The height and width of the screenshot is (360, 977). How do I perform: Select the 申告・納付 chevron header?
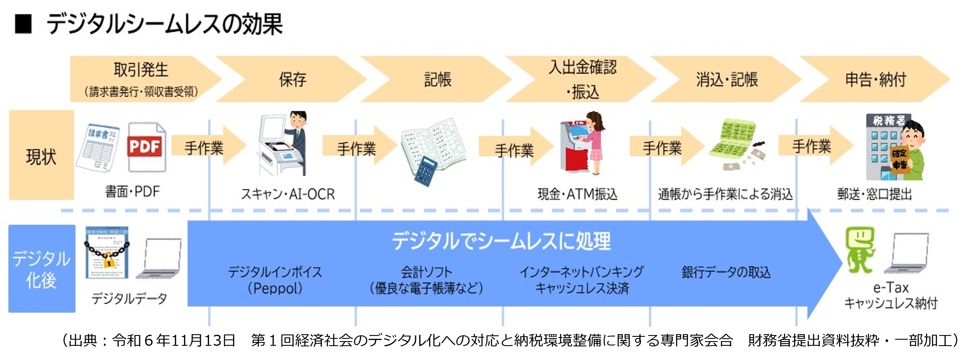875,79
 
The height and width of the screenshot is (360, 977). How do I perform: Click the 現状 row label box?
41,155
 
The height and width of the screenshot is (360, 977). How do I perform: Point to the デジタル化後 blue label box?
41,269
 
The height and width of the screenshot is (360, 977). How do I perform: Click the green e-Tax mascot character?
859,250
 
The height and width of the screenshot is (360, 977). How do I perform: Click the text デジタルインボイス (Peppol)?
275,280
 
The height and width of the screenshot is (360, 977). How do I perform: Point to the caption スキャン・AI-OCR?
288,194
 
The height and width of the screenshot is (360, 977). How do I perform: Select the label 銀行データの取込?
726,272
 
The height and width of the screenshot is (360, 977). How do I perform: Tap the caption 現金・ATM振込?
577,194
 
